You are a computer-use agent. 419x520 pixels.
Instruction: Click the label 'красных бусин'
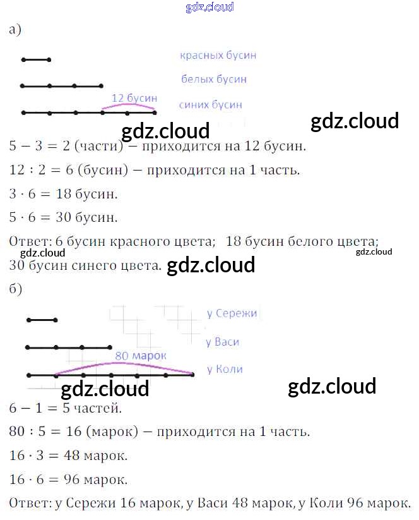pos(218,56)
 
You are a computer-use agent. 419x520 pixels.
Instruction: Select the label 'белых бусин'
pos(214,80)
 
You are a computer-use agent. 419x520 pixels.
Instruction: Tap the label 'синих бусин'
pos(210,105)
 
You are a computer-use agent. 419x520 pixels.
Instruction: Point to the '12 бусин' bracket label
pos(134,98)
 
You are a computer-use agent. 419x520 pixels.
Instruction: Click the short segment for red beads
pos(36,60)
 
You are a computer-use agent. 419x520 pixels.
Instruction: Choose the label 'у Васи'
pos(223,342)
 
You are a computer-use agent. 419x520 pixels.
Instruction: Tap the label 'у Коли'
pos(225,369)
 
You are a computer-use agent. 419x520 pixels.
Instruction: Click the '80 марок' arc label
pos(141,356)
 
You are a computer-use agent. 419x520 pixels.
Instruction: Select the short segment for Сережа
pos(42,320)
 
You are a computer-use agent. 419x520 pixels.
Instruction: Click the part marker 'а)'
pos(16,30)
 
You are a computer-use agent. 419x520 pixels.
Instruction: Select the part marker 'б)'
pos(16,289)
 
